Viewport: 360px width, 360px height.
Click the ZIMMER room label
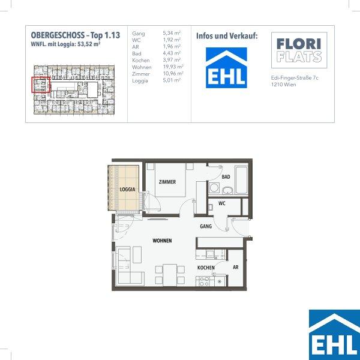[x=167, y=182]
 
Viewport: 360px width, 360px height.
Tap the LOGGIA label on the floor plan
[x=127, y=190]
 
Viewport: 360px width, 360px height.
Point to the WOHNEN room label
[x=162, y=241]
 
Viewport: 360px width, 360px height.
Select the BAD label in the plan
[x=226, y=177]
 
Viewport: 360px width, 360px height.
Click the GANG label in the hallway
[x=206, y=226]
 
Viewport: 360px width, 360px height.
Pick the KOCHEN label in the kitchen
[x=206, y=268]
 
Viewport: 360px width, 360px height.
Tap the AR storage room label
[x=236, y=267]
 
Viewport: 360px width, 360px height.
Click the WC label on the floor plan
[x=222, y=203]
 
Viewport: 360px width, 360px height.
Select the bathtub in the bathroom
[x=241, y=180]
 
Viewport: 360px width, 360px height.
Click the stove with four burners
[x=205, y=281]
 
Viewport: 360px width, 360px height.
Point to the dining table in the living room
[x=170, y=275]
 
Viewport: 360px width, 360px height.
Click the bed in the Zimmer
[x=170, y=180]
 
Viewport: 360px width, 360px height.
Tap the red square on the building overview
[x=41, y=85]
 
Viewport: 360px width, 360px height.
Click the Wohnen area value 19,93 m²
[x=173, y=67]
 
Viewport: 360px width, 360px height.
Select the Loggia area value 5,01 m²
[x=172, y=80]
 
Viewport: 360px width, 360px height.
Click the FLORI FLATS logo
[x=299, y=50]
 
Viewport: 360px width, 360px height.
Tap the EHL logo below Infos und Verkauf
[x=226, y=68]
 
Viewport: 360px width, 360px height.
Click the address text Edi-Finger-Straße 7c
[x=295, y=78]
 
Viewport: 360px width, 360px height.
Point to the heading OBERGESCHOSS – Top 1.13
[x=76, y=35]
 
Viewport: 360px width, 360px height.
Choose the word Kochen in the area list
[x=141, y=61]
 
